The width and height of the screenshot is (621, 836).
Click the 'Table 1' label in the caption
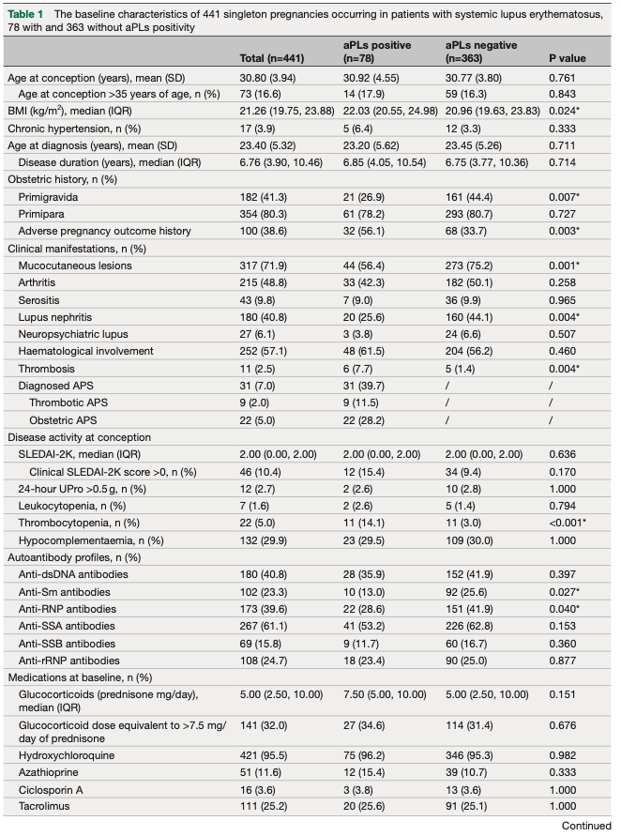pyautogui.click(x=25, y=14)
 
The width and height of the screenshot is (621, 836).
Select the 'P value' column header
pyautogui.click(x=568, y=58)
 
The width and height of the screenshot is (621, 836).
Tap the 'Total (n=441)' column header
pyautogui.click(x=272, y=58)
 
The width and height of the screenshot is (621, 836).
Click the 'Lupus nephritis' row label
pyautogui.click(x=55, y=317)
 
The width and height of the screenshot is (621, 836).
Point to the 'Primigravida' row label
pyautogui.click(x=48, y=197)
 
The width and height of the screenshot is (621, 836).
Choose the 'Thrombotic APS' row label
pyautogui.click(x=68, y=403)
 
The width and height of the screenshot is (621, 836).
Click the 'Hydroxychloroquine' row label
pyautogui.click(x=67, y=755)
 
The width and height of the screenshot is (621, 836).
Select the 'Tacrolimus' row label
pyautogui.click(x=44, y=806)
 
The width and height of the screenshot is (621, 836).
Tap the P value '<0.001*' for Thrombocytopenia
pyautogui.click(x=568, y=523)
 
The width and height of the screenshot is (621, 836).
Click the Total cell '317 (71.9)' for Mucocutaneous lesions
pyautogui.click(x=264, y=266)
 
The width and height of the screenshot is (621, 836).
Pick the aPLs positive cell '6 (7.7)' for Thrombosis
pyautogui.click(x=357, y=369)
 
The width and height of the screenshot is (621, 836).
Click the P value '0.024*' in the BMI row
pyautogui.click(x=564, y=111)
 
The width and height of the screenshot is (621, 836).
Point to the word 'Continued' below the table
pyautogui.click(x=586, y=826)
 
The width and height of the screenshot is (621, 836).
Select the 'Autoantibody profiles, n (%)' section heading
pyautogui.click(x=74, y=557)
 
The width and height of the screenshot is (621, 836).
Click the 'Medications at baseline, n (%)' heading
pyautogui.click(x=80, y=677)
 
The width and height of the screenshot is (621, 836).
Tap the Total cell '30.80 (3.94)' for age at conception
pyautogui.click(x=267, y=78)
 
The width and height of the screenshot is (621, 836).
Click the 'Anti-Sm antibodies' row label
pyautogui.click(x=65, y=592)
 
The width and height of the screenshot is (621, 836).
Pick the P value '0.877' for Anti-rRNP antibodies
pyautogui.click(x=562, y=661)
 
